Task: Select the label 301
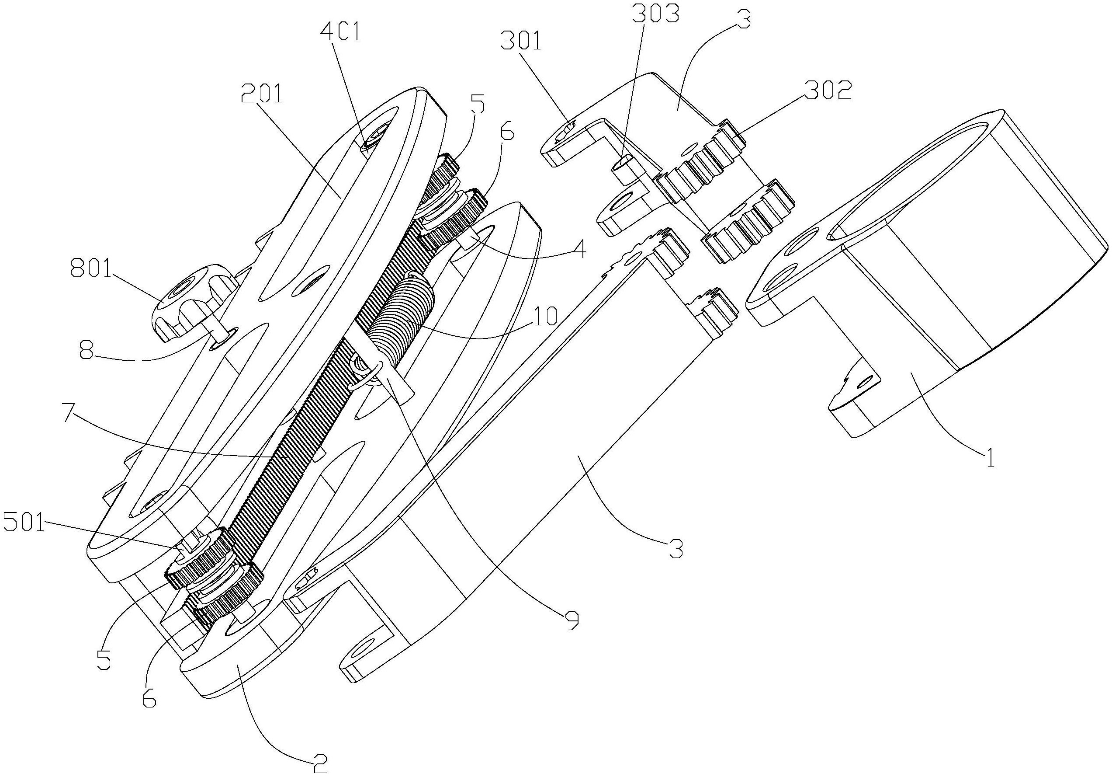point(521,41)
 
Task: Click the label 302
point(828,91)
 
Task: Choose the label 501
point(24,523)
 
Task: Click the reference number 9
point(572,621)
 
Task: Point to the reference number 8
point(86,351)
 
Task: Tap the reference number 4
point(579,250)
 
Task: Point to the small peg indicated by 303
point(622,168)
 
